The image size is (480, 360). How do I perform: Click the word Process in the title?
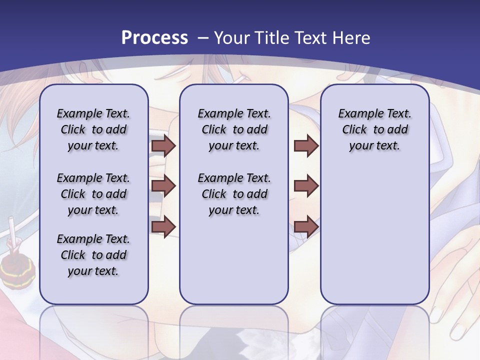coord(154,38)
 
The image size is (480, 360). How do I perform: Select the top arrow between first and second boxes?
coord(163,145)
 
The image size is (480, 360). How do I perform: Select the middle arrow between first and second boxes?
coord(163,186)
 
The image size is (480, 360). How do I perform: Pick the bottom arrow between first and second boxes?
coord(163,226)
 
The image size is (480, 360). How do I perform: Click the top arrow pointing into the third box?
coord(306,145)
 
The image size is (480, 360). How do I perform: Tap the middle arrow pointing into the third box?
coord(306,186)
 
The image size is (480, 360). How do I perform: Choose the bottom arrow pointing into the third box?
coord(306,226)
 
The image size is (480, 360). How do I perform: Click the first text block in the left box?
coord(93,129)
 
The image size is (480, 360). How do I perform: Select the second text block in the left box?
coord(93,194)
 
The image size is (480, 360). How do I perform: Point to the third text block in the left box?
coord(93,255)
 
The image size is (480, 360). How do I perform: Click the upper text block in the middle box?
coord(234,129)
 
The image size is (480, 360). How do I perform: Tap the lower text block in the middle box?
coord(234,194)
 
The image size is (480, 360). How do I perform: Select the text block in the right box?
coord(374,129)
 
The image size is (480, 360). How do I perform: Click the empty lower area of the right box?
coord(374,240)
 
